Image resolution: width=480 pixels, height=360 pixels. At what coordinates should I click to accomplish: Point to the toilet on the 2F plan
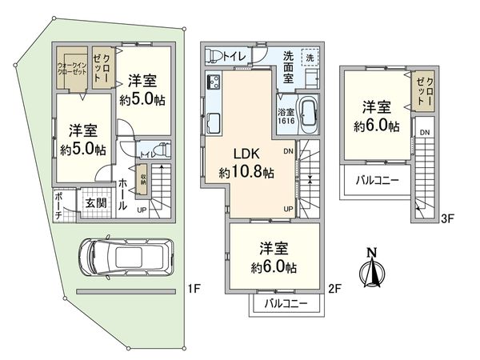click(214, 54)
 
